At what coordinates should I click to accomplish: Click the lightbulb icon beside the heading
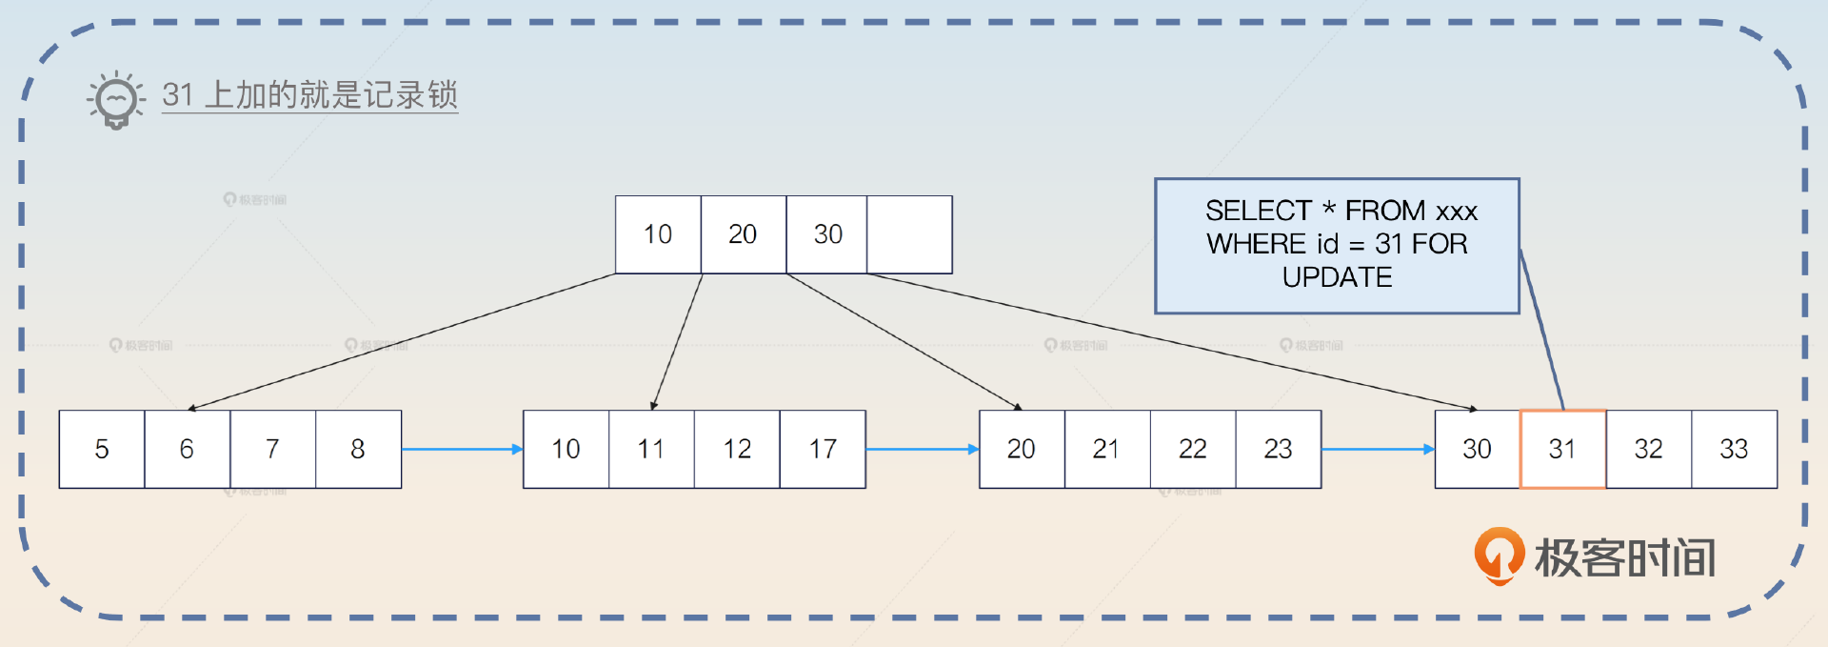tap(116, 99)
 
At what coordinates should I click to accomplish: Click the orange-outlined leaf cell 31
tap(1563, 449)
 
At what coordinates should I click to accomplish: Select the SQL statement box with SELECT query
tap(1337, 246)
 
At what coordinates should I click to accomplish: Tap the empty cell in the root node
tap(909, 234)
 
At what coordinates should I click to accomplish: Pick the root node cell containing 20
tap(744, 234)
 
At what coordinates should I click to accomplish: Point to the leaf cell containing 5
tap(102, 449)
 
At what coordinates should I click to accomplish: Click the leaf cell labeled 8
tap(358, 449)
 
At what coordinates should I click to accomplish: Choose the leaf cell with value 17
tap(823, 449)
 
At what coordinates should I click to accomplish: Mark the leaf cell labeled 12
tap(737, 449)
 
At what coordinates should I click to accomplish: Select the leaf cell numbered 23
tap(1279, 449)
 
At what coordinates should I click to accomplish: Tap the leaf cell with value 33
tap(1735, 449)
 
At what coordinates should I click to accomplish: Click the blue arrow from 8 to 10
tap(463, 449)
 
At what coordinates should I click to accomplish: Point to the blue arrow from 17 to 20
tap(923, 449)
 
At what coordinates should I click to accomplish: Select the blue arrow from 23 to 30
tap(1379, 449)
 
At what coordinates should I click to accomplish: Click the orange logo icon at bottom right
tap(1500, 556)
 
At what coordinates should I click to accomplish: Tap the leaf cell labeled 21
tap(1107, 449)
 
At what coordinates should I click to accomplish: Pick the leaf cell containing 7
tap(272, 449)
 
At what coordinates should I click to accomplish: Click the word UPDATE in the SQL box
tap(1337, 277)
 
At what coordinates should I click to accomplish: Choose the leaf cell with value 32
tap(1649, 449)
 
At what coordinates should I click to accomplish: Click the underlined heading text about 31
tap(309, 95)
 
